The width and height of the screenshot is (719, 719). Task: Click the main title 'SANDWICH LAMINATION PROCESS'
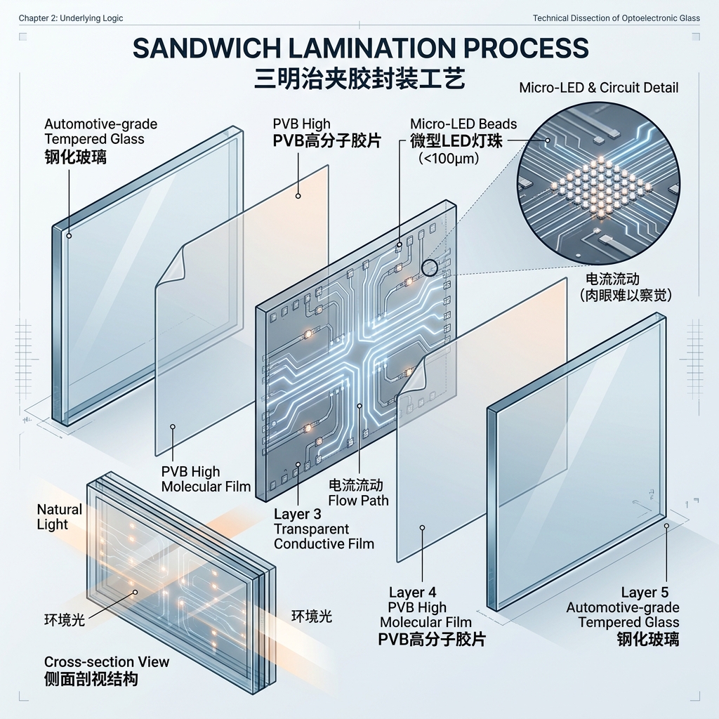359,48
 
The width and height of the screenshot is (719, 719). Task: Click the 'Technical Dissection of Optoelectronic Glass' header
616,18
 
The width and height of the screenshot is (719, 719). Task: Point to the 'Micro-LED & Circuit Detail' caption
599,88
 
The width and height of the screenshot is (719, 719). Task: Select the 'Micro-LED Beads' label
463,124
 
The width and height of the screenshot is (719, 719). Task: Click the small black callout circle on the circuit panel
429,267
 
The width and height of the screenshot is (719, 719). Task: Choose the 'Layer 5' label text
649,592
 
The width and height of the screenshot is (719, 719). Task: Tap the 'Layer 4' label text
412,592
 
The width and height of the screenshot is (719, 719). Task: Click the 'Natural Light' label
59,517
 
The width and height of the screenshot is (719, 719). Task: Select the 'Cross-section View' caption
107,661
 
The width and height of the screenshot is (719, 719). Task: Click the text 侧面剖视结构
91,679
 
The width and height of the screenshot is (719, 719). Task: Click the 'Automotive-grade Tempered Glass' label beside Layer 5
623,615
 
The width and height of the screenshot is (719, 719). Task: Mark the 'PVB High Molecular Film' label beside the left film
206,479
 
